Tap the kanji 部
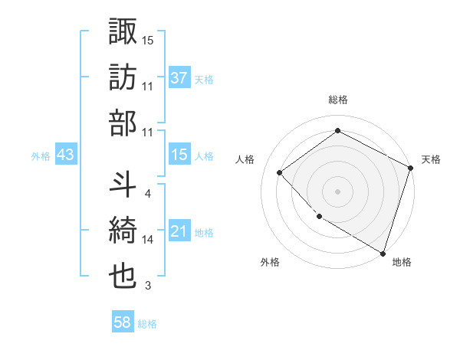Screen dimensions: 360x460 pos(123,123)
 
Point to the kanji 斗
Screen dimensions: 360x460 pos(123,185)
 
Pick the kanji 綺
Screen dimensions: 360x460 pos(123,231)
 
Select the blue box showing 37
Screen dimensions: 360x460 pos(179,77)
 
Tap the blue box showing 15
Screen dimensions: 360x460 pos(179,155)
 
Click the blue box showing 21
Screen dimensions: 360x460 pos(179,231)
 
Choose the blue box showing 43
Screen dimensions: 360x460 pos(66,155)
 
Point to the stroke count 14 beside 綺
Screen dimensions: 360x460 pos(148,240)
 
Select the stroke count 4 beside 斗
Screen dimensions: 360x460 pos(148,194)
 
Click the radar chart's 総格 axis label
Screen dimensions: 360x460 pos(337,100)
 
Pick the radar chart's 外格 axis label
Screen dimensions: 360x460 pos(270,262)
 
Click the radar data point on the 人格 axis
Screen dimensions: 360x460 pos(280,173)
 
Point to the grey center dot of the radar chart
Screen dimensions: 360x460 pos(337,191)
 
